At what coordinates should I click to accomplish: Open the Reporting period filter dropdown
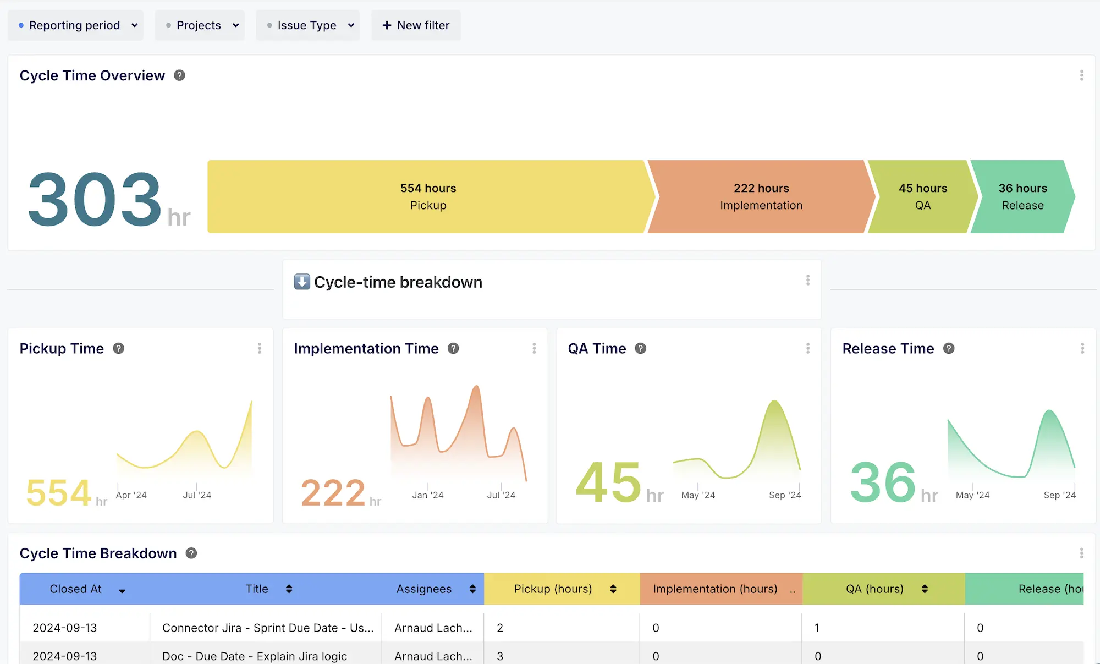pyautogui.click(x=75, y=25)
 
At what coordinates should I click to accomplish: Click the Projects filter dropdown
pyautogui.click(x=200, y=25)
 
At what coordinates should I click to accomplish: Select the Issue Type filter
pyautogui.click(x=307, y=25)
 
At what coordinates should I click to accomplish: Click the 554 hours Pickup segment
pyautogui.click(x=428, y=196)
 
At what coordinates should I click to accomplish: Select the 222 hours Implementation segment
pyautogui.click(x=761, y=196)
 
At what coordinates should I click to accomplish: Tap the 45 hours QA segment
pyautogui.click(x=922, y=196)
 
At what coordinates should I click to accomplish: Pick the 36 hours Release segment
pyautogui.click(x=1022, y=196)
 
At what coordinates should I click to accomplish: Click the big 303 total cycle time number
pyautogui.click(x=95, y=199)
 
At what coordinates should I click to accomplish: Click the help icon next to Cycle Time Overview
pyautogui.click(x=179, y=75)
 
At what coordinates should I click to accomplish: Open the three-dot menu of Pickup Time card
pyautogui.click(x=260, y=348)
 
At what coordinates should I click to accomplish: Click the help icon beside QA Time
pyautogui.click(x=640, y=348)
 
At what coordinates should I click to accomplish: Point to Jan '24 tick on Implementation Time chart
pyautogui.click(x=427, y=495)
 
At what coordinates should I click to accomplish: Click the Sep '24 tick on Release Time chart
pyautogui.click(x=1059, y=495)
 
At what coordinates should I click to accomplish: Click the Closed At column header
pyautogui.click(x=76, y=589)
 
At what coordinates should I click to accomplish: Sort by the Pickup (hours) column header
pyautogui.click(x=553, y=589)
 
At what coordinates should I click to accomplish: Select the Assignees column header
pyautogui.click(x=424, y=589)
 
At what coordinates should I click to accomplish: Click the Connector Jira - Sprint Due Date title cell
pyautogui.click(x=267, y=628)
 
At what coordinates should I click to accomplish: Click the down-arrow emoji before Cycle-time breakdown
pyautogui.click(x=302, y=282)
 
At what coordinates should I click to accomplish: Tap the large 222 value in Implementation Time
pyautogui.click(x=333, y=492)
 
